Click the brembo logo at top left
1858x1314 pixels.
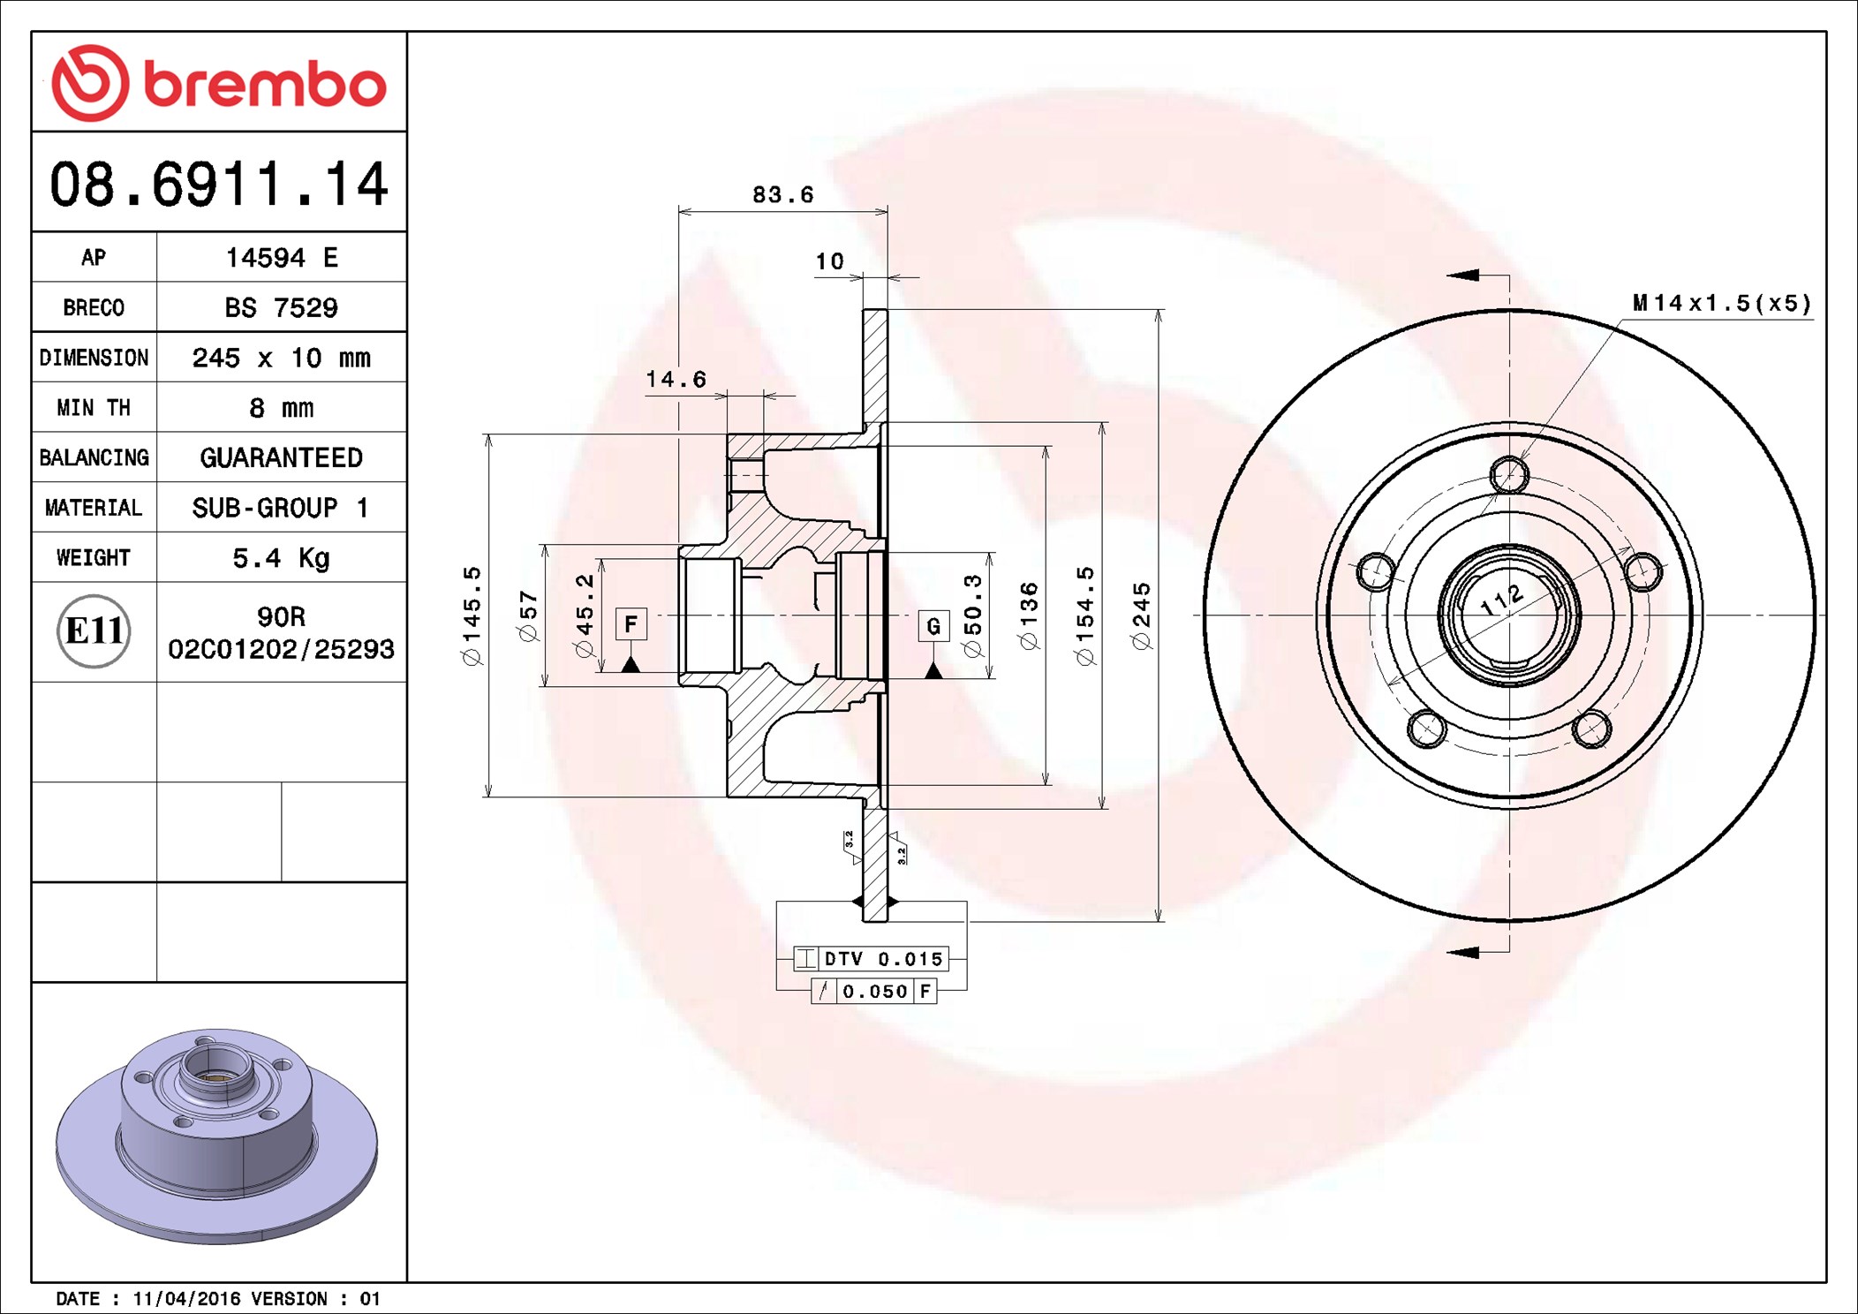(x=218, y=83)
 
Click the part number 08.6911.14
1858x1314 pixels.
(x=218, y=184)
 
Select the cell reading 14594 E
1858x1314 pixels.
(x=281, y=258)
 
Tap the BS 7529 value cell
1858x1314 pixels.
(x=281, y=307)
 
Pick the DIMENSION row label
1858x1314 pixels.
(x=94, y=358)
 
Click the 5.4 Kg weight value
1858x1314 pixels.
(x=281, y=558)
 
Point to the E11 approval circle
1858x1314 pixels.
(x=94, y=631)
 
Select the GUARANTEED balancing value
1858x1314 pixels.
(x=281, y=457)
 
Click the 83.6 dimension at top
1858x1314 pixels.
(x=782, y=195)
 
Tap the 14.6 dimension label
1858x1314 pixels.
(x=676, y=380)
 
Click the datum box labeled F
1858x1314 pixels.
(x=631, y=624)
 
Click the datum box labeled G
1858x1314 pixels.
(x=933, y=626)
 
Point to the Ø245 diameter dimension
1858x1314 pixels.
(x=1142, y=616)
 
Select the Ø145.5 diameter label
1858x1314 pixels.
(x=472, y=616)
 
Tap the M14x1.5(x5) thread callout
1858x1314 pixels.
(x=1721, y=304)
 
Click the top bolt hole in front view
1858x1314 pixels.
(x=1509, y=475)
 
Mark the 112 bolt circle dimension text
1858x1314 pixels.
(x=1502, y=600)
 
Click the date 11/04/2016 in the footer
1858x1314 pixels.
(x=186, y=1299)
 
